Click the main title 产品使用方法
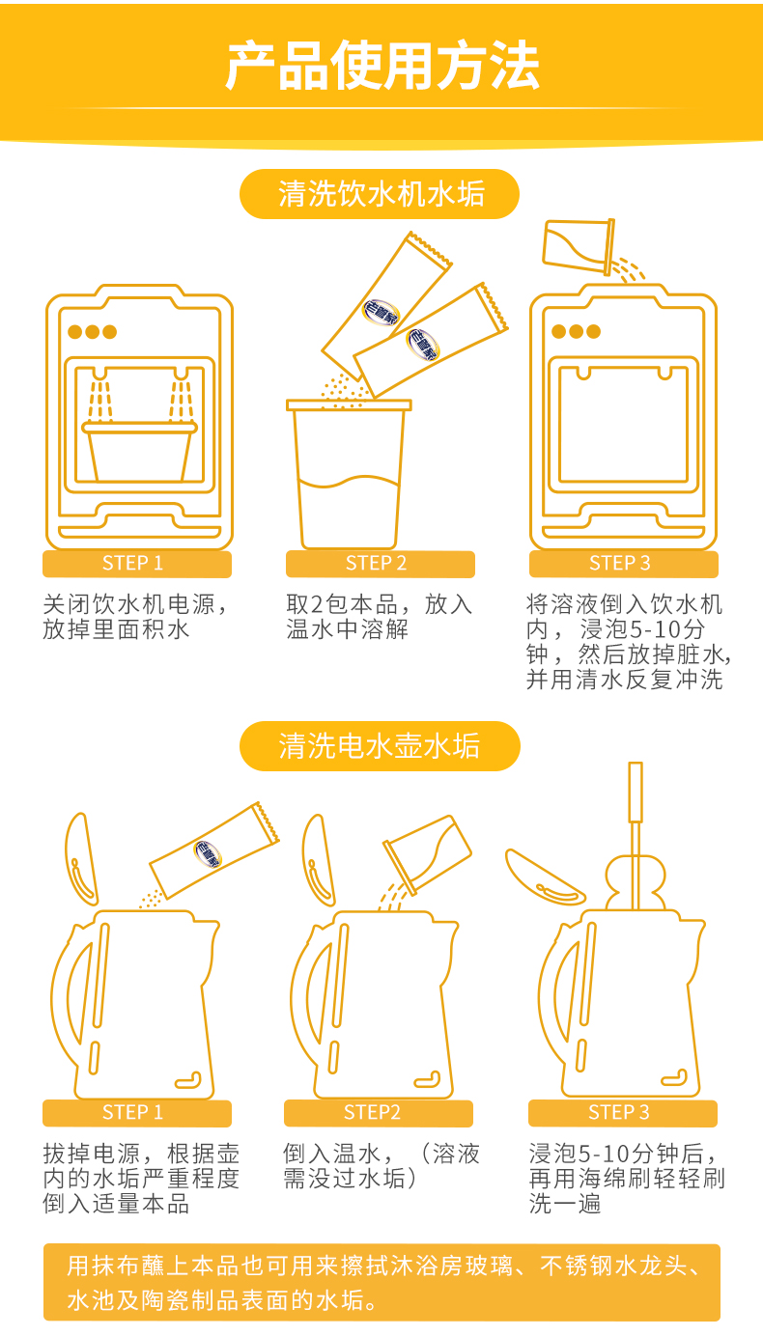point(381,66)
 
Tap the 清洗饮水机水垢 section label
point(380,194)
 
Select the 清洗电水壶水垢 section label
point(380,745)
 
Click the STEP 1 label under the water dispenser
point(136,564)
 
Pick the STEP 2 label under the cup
point(380,564)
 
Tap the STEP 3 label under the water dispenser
point(623,564)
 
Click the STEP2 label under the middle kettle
point(379,1113)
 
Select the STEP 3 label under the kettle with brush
point(623,1113)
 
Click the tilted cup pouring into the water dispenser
point(579,246)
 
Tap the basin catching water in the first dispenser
point(140,452)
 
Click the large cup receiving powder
point(349,474)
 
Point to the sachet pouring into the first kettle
point(214,849)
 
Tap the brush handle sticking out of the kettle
point(636,835)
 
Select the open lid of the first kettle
point(81,859)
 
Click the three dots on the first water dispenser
point(92,332)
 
